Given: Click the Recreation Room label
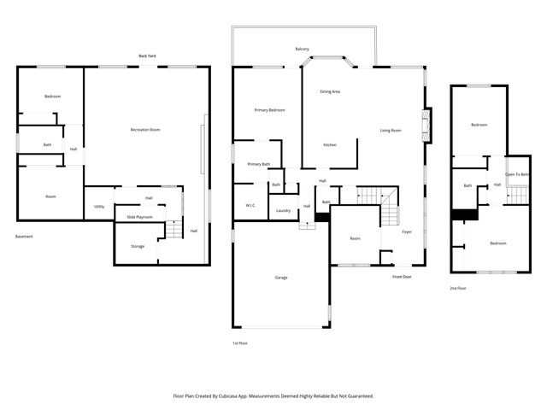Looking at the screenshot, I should click(145, 129).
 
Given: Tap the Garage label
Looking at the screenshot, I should click(280, 278).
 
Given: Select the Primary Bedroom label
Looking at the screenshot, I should click(269, 110).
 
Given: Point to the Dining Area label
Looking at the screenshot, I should click(330, 91).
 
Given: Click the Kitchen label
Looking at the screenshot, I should click(329, 144).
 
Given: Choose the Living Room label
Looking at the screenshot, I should click(391, 130).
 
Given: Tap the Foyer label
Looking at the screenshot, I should click(407, 231).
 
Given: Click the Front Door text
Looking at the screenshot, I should click(402, 277).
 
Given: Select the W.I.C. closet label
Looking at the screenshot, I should click(250, 205).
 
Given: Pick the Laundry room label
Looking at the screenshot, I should click(284, 210).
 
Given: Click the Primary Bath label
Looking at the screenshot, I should click(259, 164).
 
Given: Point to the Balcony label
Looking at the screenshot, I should click(302, 49).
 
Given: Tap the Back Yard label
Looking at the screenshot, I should click(147, 56).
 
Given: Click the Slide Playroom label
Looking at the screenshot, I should click(139, 218).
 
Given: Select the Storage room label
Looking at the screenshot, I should click(138, 246).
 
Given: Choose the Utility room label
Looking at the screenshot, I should click(99, 207).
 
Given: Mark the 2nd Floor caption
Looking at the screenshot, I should click(458, 289).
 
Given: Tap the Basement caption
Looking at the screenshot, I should click(24, 236).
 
